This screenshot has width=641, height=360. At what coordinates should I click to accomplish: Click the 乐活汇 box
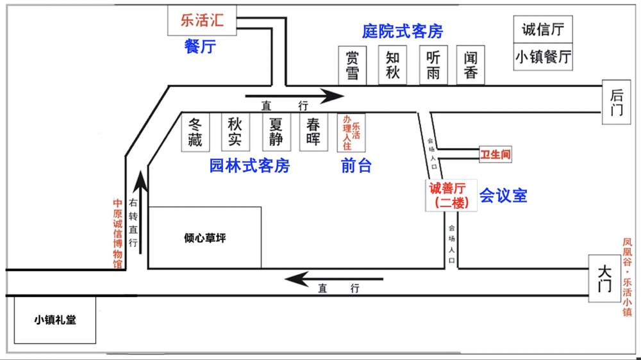[202, 20]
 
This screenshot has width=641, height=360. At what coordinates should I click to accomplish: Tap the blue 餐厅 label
[200, 47]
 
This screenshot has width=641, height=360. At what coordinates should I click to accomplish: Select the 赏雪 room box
[353, 65]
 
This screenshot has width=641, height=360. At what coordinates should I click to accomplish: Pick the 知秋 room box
[392, 65]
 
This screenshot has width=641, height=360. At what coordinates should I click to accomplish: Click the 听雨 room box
[433, 65]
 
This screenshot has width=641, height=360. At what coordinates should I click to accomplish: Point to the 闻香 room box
[470, 65]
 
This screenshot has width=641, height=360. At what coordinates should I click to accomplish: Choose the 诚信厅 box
[543, 29]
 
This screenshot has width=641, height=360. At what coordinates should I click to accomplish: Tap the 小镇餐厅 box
[543, 57]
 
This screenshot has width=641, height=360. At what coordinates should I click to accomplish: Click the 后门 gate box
[617, 102]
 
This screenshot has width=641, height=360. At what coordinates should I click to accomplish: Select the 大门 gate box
[604, 279]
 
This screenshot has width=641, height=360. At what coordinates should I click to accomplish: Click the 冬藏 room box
[196, 133]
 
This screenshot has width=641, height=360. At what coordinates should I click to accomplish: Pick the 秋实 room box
[235, 133]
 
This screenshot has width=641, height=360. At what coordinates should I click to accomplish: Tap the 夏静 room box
[276, 133]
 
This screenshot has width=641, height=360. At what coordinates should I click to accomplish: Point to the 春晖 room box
[313, 133]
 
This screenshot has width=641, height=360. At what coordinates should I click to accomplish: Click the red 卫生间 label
[495, 154]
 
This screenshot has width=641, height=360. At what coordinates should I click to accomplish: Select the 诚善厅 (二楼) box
[451, 195]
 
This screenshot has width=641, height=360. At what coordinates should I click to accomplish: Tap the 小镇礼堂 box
[55, 320]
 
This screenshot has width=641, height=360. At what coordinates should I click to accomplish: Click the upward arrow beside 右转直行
[141, 213]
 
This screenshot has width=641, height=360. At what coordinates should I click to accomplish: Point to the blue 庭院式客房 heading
[403, 31]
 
